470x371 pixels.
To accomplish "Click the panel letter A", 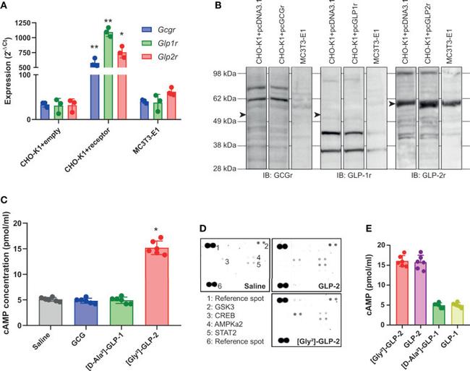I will click(6, 7).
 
